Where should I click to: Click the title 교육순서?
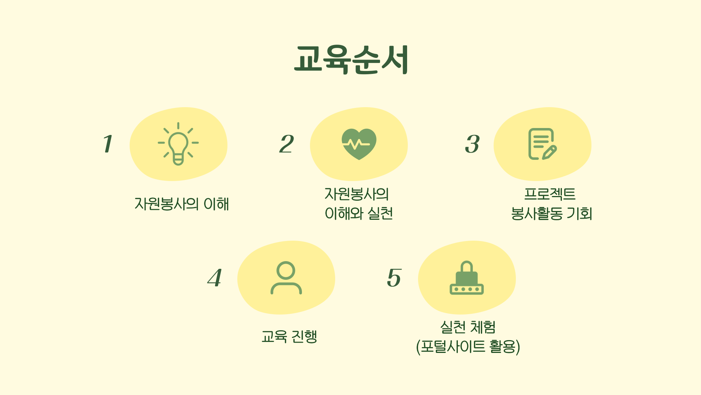pyautogui.click(x=351, y=60)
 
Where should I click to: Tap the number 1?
pyautogui.click(x=108, y=144)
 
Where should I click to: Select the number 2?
pyautogui.click(x=287, y=144)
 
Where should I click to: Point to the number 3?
pyautogui.click(x=472, y=144)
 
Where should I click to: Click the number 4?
pyautogui.click(x=215, y=278)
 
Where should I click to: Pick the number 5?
pyautogui.click(x=394, y=278)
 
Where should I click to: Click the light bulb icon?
pyautogui.click(x=178, y=144)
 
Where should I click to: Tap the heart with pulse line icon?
pyautogui.click(x=359, y=144)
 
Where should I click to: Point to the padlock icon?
pyautogui.click(x=467, y=278)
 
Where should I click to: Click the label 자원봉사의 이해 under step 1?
pyautogui.click(x=181, y=204)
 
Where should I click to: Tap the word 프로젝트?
pyautogui.click(x=550, y=194)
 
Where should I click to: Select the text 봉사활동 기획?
pyautogui.click(x=551, y=214)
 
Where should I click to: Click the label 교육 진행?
pyautogui.click(x=289, y=336)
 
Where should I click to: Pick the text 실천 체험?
pyautogui.click(x=468, y=327)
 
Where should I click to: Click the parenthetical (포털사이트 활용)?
pyautogui.click(x=468, y=347)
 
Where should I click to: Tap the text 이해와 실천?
pyautogui.click(x=359, y=214)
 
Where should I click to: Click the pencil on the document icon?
pyautogui.click(x=550, y=153)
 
